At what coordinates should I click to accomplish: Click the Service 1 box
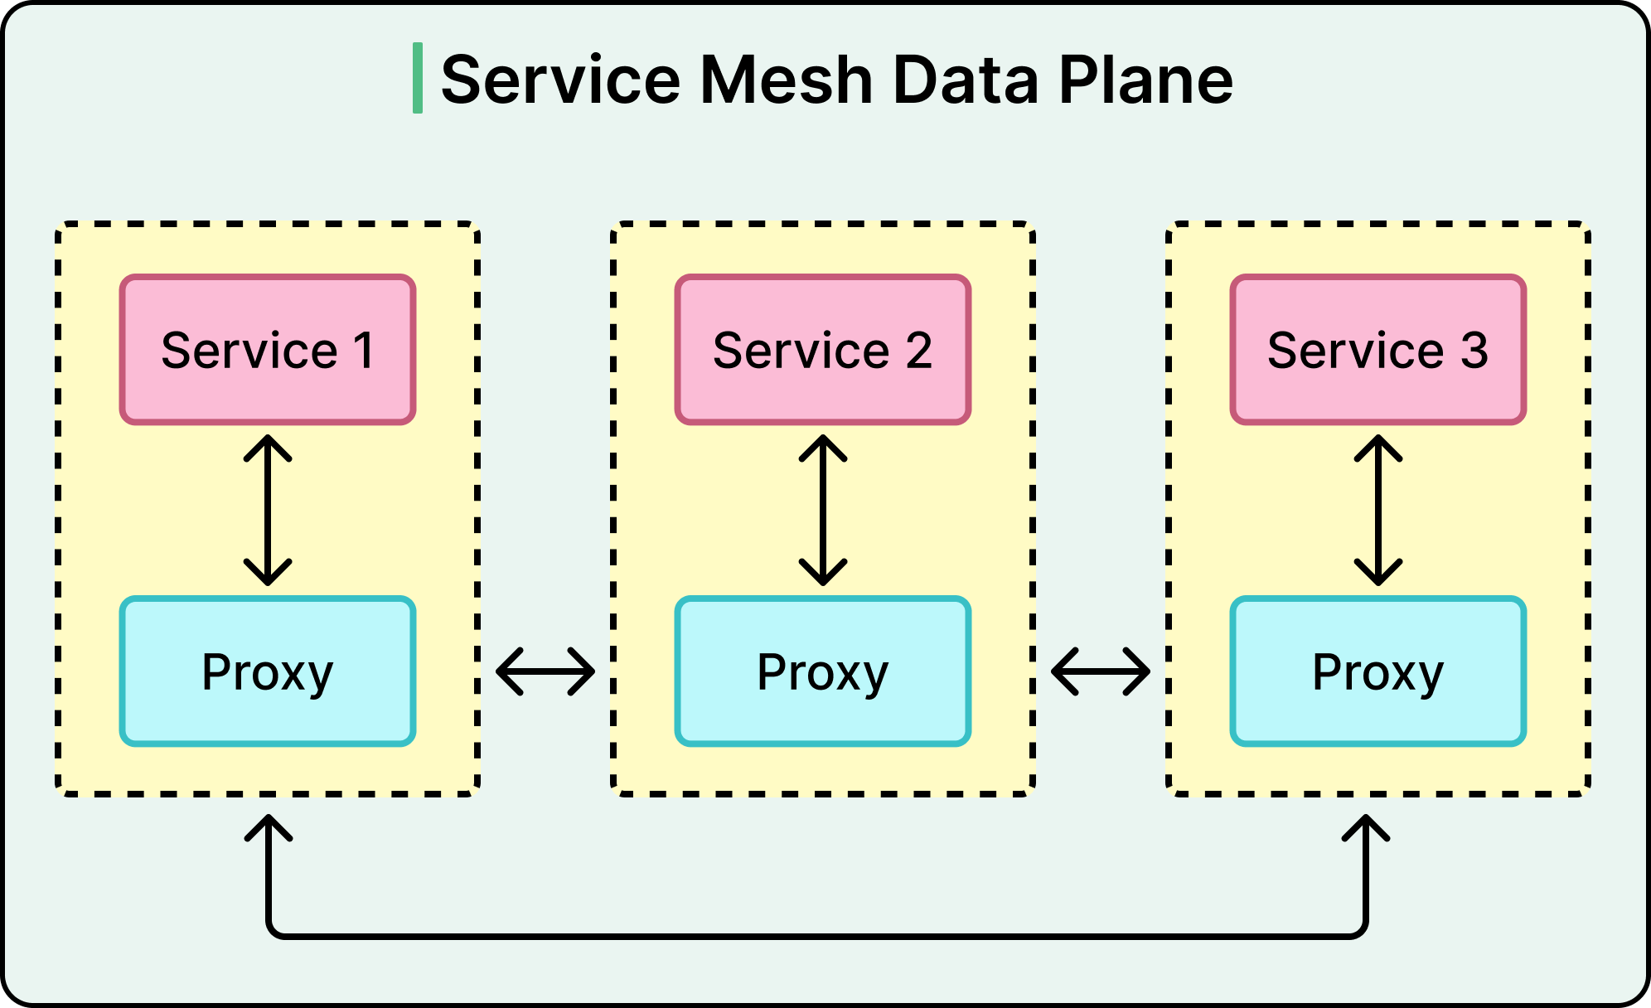click(267, 349)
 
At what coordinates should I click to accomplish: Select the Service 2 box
click(822, 349)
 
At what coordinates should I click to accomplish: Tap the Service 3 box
click(1377, 349)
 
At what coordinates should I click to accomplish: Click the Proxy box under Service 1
click(267, 671)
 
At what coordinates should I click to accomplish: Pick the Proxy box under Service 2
click(822, 671)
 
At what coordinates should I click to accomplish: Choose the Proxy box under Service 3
click(1377, 671)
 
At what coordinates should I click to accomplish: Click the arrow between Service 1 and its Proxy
click(268, 510)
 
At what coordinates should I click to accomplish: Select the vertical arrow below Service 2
click(823, 510)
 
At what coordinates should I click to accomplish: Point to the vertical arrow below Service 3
click(1378, 510)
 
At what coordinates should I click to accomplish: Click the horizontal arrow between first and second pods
click(545, 671)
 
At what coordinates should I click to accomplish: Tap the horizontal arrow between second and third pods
click(1101, 671)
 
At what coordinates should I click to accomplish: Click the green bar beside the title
click(418, 79)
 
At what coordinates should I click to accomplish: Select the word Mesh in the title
click(787, 80)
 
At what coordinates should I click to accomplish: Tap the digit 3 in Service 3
click(1474, 350)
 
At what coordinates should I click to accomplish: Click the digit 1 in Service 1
click(363, 350)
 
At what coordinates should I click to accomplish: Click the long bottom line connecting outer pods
click(816, 936)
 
